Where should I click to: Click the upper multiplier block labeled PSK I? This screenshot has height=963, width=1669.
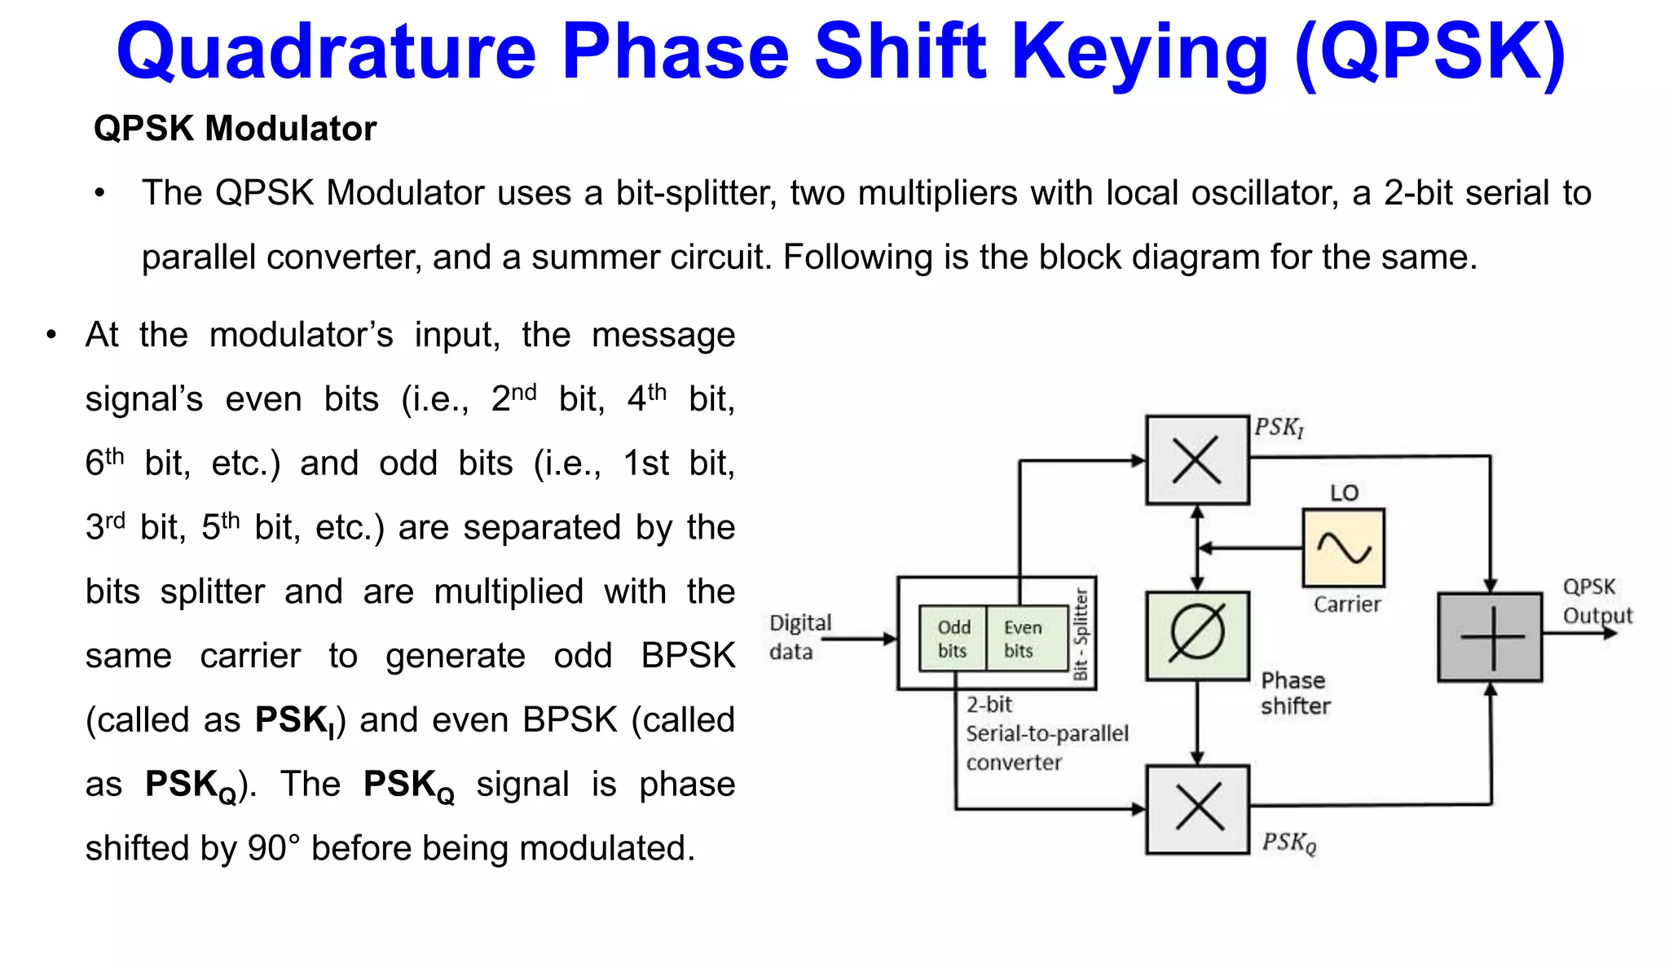[x=1196, y=460]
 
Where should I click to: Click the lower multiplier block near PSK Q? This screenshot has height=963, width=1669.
[x=1196, y=808]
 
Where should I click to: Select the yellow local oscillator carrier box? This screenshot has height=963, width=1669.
[x=1343, y=547]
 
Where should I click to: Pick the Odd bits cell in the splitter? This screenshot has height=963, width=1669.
[x=953, y=639]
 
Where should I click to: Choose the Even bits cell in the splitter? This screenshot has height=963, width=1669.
[x=1023, y=639]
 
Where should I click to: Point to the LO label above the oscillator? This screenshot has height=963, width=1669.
[x=1344, y=493]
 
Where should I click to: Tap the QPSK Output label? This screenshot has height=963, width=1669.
[x=1596, y=601]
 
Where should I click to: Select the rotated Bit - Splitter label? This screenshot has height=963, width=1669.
[x=1081, y=634]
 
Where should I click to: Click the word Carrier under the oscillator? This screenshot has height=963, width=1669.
[x=1346, y=605]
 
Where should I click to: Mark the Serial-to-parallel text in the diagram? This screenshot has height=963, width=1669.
[x=1046, y=733]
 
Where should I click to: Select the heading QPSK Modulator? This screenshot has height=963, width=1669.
[x=235, y=129]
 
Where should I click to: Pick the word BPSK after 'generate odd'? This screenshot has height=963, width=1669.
[x=688, y=656]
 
